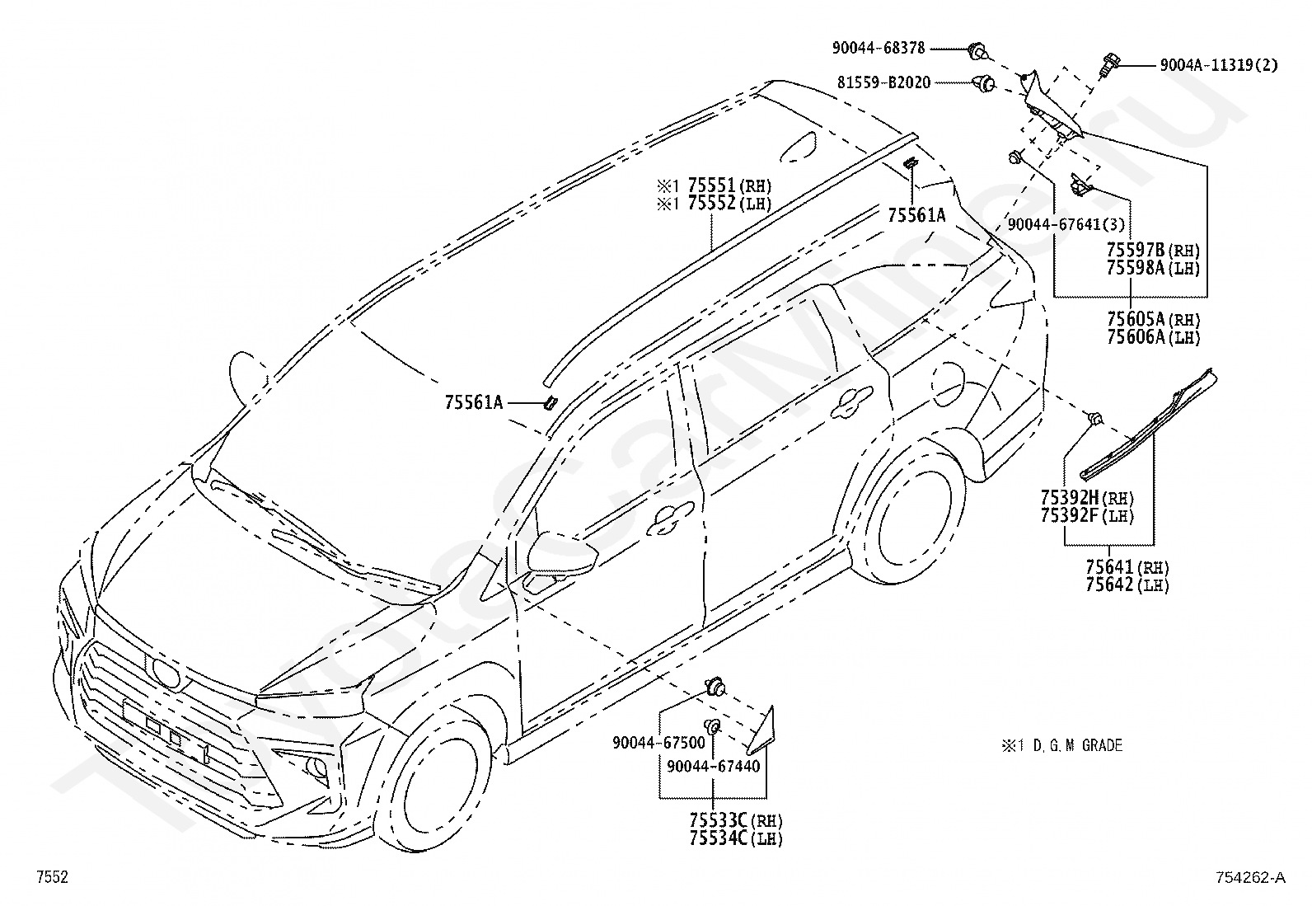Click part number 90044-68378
pyautogui.click(x=878, y=48)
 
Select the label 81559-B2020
pyautogui.click(x=883, y=82)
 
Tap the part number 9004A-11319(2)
pyautogui.click(x=1219, y=65)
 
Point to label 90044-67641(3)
pyautogui.click(x=1066, y=224)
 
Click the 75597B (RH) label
pyautogui.click(x=1153, y=251)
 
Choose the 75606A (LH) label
pyautogui.click(x=1153, y=337)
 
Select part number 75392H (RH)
pyautogui.click(x=1087, y=498)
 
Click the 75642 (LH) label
pyautogui.click(x=1127, y=584)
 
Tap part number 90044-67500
pyautogui.click(x=659, y=743)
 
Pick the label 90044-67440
pyautogui.click(x=714, y=766)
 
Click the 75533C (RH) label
pyautogui.click(x=736, y=820)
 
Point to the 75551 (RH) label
pyautogui.click(x=729, y=185)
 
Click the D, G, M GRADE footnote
pyautogui.click(x=1061, y=745)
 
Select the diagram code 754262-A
pyautogui.click(x=1250, y=877)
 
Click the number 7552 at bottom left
pyautogui.click(x=52, y=876)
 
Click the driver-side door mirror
pyautogui.click(x=561, y=552)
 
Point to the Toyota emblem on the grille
pyautogui.click(x=165, y=672)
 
